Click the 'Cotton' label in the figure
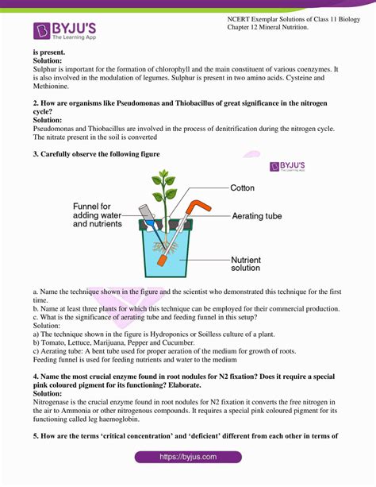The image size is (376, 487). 242,188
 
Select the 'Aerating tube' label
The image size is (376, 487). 258,215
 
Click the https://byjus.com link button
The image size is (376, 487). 188,458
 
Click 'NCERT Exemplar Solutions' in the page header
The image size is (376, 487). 258,17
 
